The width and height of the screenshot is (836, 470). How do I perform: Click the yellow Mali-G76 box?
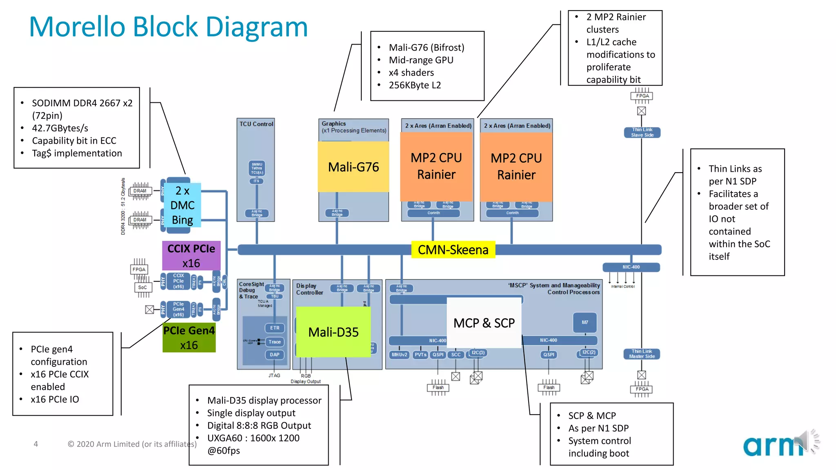(x=353, y=167)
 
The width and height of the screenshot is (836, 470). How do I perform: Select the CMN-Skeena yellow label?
(x=453, y=250)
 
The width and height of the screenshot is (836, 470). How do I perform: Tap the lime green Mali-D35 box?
(x=333, y=332)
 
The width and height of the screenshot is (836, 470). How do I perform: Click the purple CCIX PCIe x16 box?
(x=191, y=256)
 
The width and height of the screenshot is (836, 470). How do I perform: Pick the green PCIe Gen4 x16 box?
(x=189, y=338)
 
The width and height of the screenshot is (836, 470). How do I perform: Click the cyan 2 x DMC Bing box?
(x=182, y=205)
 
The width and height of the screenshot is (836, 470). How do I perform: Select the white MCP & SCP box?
(x=484, y=323)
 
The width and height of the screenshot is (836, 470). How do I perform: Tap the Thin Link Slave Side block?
(x=642, y=132)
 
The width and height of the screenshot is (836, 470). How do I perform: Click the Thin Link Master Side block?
(x=642, y=354)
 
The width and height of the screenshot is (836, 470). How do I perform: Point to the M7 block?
(x=585, y=322)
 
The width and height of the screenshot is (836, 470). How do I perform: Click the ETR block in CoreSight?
(x=275, y=328)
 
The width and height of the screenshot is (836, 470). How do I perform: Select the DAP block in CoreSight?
(x=275, y=355)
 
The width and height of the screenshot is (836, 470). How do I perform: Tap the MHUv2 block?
(x=399, y=355)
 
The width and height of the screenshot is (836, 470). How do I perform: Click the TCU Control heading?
(x=256, y=124)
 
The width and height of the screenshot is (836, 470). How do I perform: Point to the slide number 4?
(x=36, y=444)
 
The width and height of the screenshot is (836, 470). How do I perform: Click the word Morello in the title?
(x=77, y=27)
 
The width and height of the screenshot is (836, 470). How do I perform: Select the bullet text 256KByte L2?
(x=414, y=85)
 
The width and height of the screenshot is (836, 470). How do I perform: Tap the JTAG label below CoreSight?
(x=274, y=375)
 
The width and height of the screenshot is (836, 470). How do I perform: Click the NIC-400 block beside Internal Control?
(x=631, y=267)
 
